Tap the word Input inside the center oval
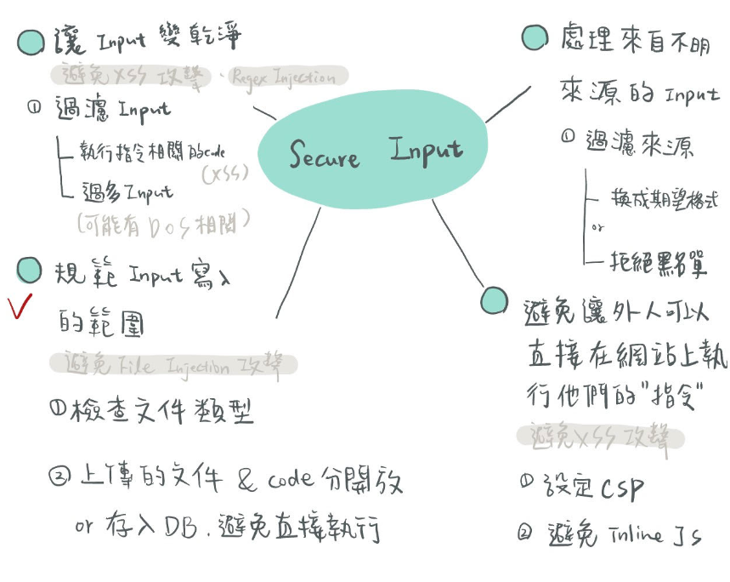point(427,150)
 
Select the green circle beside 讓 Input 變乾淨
point(31,42)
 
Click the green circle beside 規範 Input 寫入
point(30,270)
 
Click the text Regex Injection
point(283,77)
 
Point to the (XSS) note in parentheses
point(225,174)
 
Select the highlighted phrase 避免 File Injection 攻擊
point(173,366)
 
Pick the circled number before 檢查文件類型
point(58,410)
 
